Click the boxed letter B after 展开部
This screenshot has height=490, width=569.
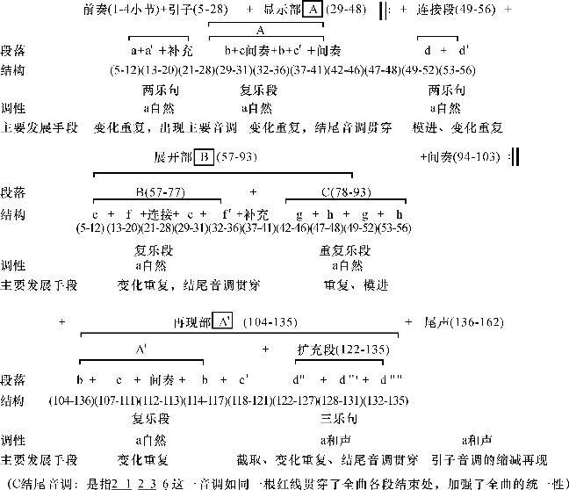coord(204,157)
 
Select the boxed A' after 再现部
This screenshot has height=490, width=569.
coord(223,322)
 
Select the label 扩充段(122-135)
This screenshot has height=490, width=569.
coord(342,349)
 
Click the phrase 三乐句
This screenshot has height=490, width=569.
coord(338,418)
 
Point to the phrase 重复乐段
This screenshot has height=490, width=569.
coord(342,249)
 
